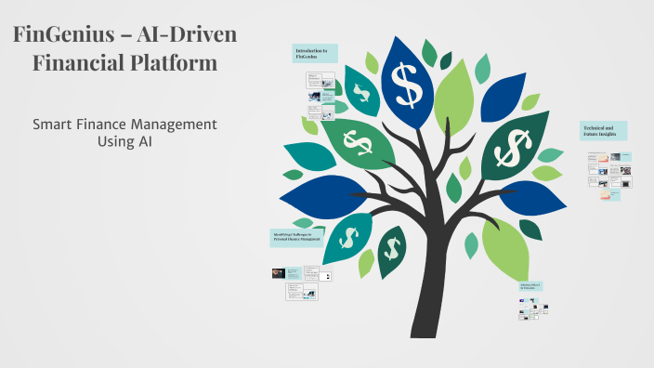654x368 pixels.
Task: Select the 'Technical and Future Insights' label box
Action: click(604, 130)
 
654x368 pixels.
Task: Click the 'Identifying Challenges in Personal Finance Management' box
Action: click(296, 238)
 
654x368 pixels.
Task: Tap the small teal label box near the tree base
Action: click(530, 287)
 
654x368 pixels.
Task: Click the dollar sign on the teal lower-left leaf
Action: click(348, 237)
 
